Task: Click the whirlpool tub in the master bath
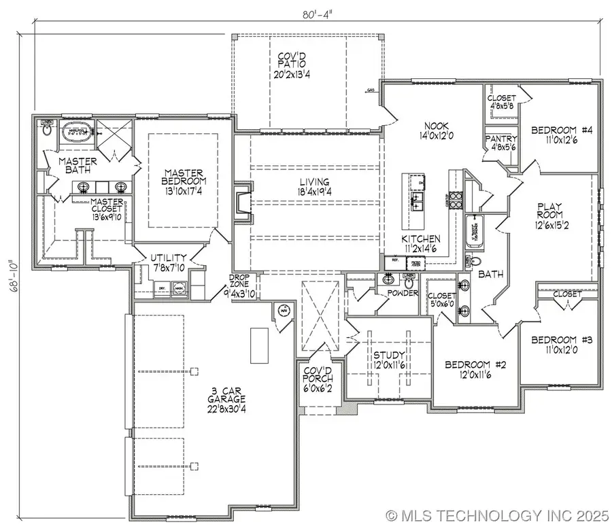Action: [75, 131]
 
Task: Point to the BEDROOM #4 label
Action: [558, 130]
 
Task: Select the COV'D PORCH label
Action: [317, 374]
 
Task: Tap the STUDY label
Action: [388, 356]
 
